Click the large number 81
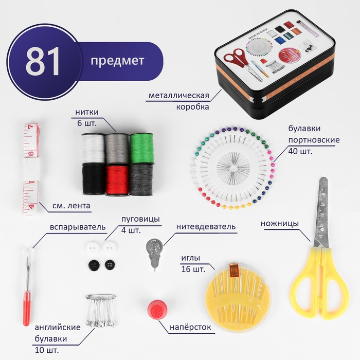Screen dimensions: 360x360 (x=43, y=62)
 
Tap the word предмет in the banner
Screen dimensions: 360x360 (x=117, y=61)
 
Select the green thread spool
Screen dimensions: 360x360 (x=141, y=149)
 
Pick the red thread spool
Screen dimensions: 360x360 (x=117, y=180)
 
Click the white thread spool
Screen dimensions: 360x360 (x=93, y=148)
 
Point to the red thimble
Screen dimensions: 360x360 (x=157, y=310)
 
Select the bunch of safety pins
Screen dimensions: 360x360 (x=101, y=311)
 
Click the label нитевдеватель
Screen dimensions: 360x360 (x=206, y=227)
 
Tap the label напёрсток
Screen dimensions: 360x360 (x=190, y=327)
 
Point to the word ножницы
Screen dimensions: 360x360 (x=279, y=223)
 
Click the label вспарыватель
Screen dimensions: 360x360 (x=78, y=227)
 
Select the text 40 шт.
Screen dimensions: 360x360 (x=300, y=152)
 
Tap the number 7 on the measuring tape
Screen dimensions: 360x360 (x=30, y=127)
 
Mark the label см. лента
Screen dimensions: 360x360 (x=71, y=206)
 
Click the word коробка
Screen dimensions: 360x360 (x=193, y=107)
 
